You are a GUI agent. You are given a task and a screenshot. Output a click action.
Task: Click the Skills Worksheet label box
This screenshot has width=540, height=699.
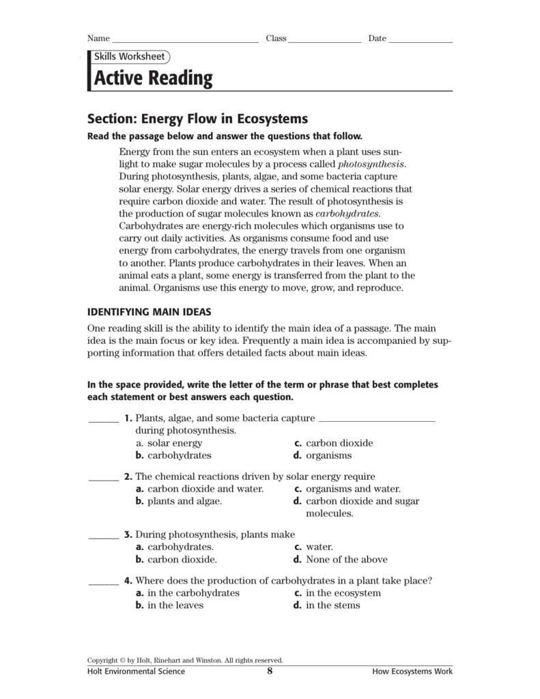(129, 57)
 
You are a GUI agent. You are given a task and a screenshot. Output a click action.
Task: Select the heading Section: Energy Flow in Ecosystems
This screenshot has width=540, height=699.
(197, 118)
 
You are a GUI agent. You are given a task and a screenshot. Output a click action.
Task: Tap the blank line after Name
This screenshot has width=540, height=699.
(184, 41)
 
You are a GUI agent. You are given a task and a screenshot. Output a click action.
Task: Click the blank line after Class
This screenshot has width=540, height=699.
(324, 41)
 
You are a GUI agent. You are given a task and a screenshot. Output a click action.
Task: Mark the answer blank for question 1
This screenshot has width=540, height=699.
(103, 420)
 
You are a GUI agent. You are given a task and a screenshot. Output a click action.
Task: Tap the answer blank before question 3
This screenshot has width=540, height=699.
(103, 538)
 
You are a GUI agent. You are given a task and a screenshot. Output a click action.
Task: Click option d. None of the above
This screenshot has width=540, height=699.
(340, 560)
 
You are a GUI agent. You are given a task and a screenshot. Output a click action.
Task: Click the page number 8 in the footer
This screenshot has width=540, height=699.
(270, 671)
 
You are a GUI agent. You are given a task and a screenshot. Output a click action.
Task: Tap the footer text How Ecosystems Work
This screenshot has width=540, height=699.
(412, 672)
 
